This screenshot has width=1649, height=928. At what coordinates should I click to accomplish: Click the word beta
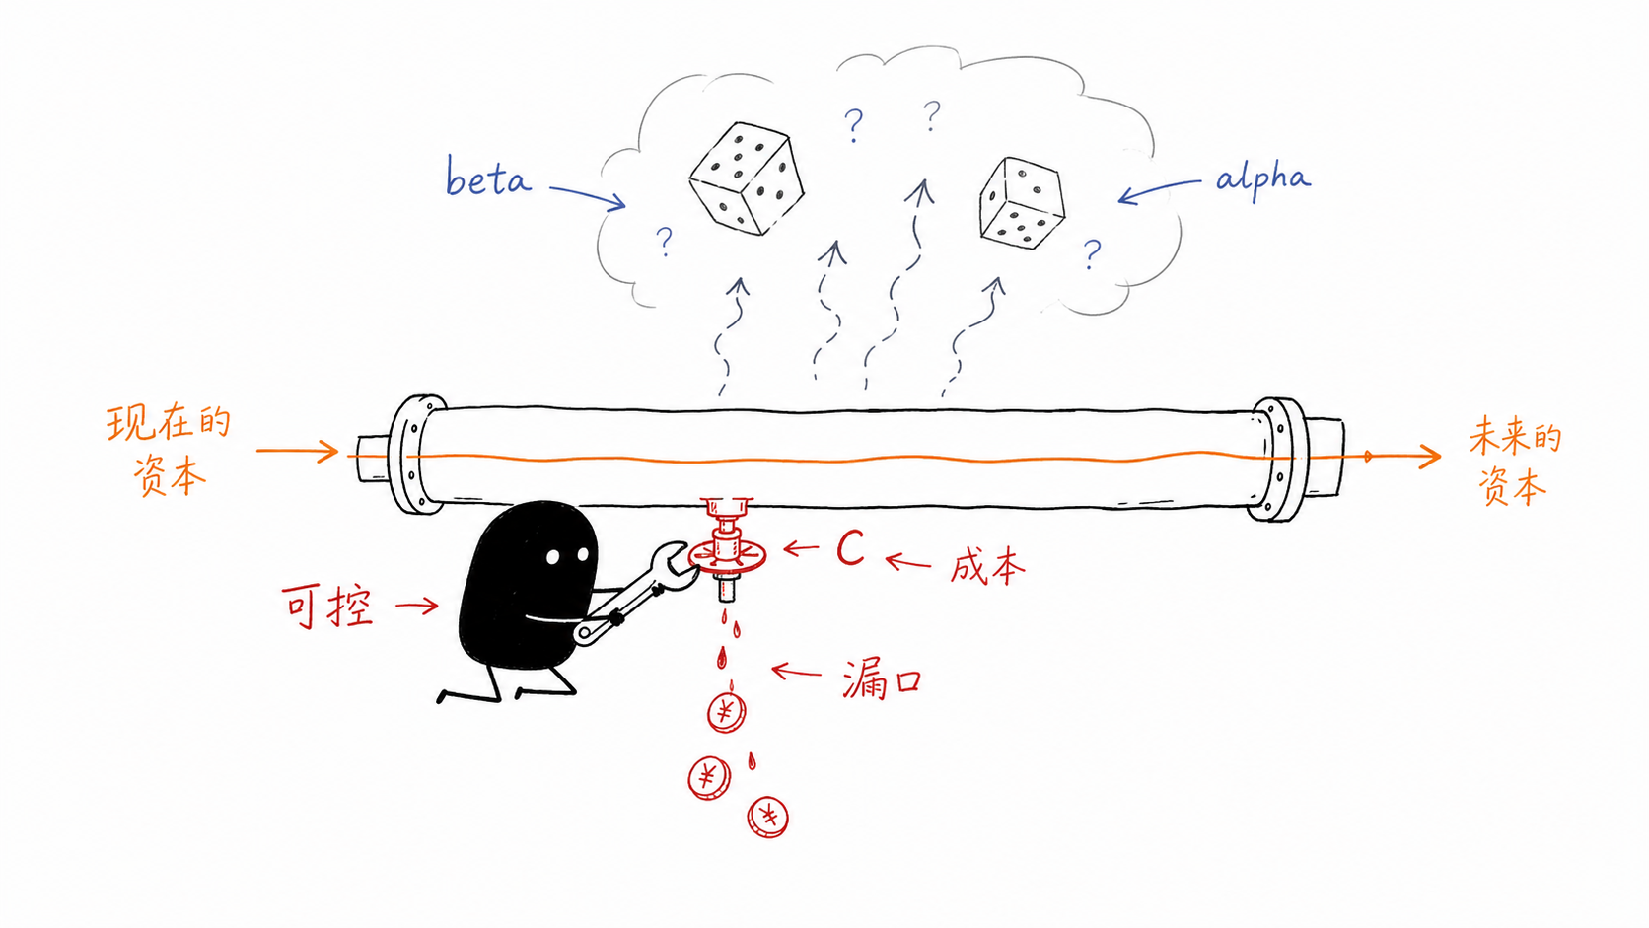pos(487,178)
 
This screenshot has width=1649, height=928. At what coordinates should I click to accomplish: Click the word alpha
pos(1262,178)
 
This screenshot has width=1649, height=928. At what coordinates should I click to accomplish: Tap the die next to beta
pos(747,178)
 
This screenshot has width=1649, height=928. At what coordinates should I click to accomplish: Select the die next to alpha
pos(1022,203)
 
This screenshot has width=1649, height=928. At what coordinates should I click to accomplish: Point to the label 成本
pos(987,567)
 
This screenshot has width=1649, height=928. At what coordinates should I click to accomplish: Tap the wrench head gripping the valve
pos(674,566)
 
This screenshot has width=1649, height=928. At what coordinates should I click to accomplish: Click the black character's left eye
pos(553,557)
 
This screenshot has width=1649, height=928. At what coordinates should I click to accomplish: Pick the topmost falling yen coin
pos(727,712)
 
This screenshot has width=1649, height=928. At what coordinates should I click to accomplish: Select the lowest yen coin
pos(768,817)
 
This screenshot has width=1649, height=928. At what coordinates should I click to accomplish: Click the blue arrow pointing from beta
pos(588,196)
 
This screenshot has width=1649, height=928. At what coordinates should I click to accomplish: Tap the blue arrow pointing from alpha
pos(1160,189)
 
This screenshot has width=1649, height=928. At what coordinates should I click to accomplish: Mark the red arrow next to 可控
pos(416,606)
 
